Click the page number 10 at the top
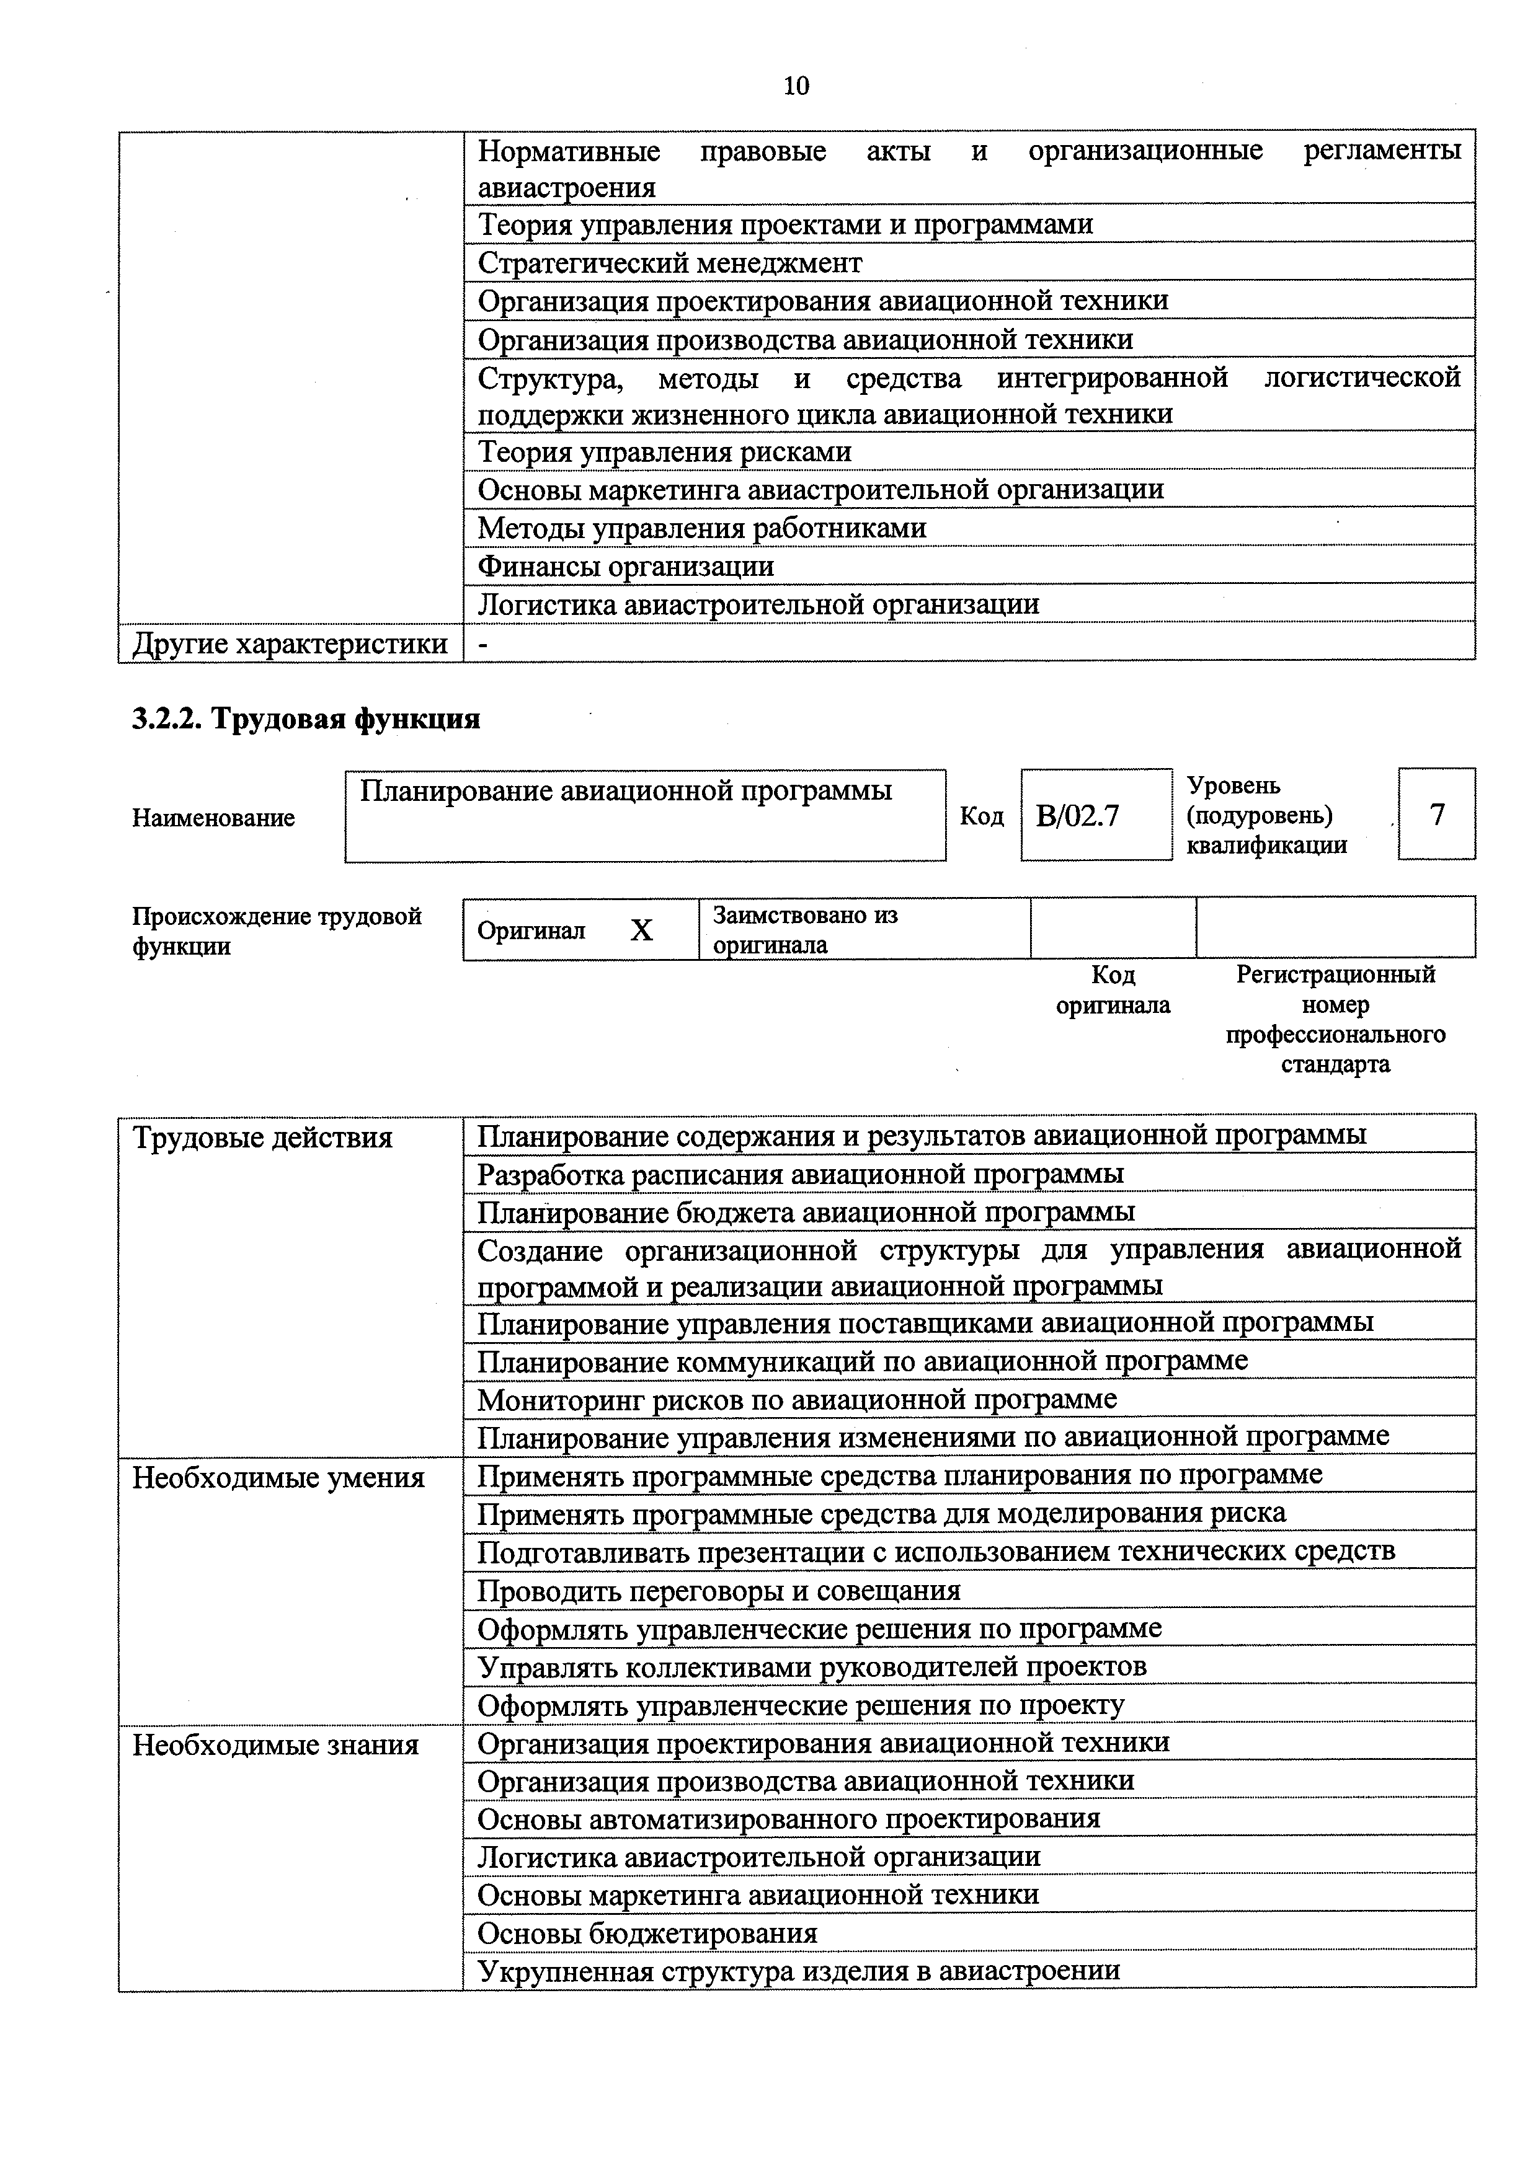click(x=796, y=86)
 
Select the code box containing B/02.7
click(x=1096, y=815)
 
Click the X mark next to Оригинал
click(x=641, y=930)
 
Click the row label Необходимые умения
click(x=278, y=1478)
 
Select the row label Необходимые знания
click(x=275, y=1745)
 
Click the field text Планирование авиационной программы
click(x=626, y=790)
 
